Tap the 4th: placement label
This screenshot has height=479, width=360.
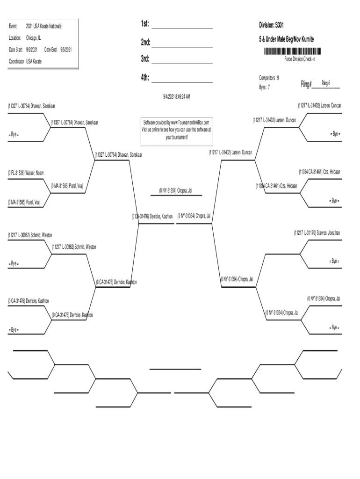(x=144, y=78)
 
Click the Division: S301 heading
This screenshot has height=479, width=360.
(x=272, y=24)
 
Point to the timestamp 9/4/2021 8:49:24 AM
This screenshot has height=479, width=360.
(x=176, y=96)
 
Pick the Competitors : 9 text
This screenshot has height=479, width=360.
(x=269, y=78)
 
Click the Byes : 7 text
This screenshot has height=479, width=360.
(x=264, y=87)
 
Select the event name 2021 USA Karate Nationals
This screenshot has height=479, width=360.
(x=43, y=26)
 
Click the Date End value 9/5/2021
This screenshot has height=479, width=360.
(x=65, y=49)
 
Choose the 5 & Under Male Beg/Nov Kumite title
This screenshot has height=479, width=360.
(x=287, y=40)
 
